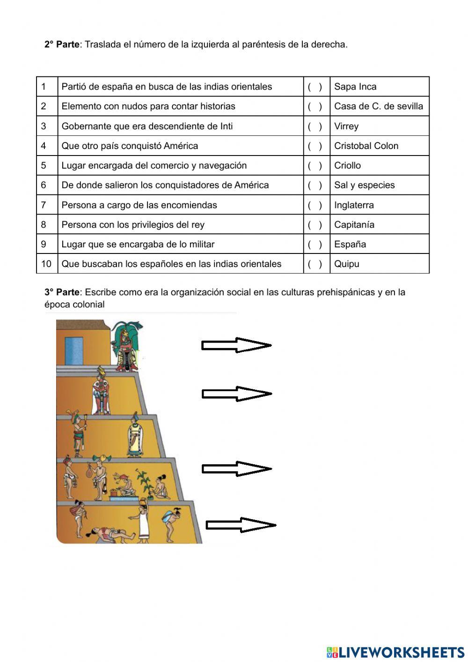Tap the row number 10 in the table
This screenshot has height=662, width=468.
[46, 264]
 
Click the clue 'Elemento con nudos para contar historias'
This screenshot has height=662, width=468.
[148, 106]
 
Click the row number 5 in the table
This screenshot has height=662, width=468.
[44, 165]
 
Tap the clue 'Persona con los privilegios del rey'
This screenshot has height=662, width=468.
[133, 224]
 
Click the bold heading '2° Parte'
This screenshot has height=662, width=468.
[62, 45]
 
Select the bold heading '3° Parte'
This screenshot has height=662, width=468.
[62, 292]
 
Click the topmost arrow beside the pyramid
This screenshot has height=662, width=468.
[236, 345]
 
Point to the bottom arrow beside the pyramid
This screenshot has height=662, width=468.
[241, 525]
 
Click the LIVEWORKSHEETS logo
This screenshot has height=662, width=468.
[395, 652]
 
